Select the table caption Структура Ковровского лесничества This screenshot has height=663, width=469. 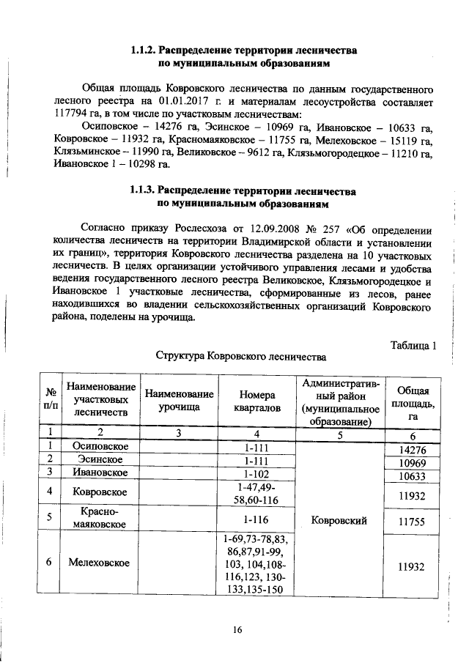coord(240,357)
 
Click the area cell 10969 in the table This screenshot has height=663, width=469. coord(411,463)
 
